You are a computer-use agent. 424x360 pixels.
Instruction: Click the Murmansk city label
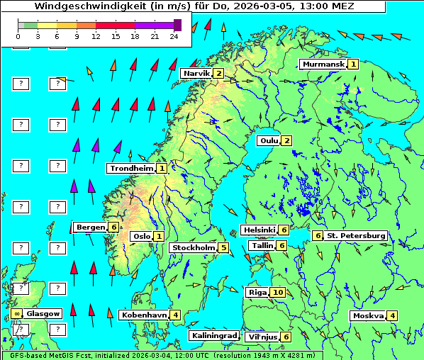pos(323,64)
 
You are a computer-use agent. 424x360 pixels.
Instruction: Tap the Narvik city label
pos(196,74)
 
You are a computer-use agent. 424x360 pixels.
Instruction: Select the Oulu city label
pos(268,140)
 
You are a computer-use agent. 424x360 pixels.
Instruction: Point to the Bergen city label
pos(91,227)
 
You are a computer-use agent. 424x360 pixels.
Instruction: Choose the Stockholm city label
pos(193,248)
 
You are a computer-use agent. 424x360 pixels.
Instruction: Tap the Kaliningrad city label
pos(213,336)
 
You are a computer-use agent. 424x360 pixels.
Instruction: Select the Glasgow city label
pos(43,313)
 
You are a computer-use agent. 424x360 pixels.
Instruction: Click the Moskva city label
pos(368,316)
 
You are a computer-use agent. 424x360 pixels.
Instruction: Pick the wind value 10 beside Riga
pos(278,292)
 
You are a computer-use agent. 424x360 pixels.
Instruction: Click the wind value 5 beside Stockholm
pos(223,248)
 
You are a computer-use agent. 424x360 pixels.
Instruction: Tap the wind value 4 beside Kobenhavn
pos(175,315)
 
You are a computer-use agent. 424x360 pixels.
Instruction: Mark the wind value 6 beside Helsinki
pos(284,230)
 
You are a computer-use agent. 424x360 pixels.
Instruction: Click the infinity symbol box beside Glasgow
pos(16,313)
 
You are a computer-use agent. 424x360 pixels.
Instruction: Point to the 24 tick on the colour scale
pos(174,36)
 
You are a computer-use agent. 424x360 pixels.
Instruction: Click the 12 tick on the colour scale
pos(95,36)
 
